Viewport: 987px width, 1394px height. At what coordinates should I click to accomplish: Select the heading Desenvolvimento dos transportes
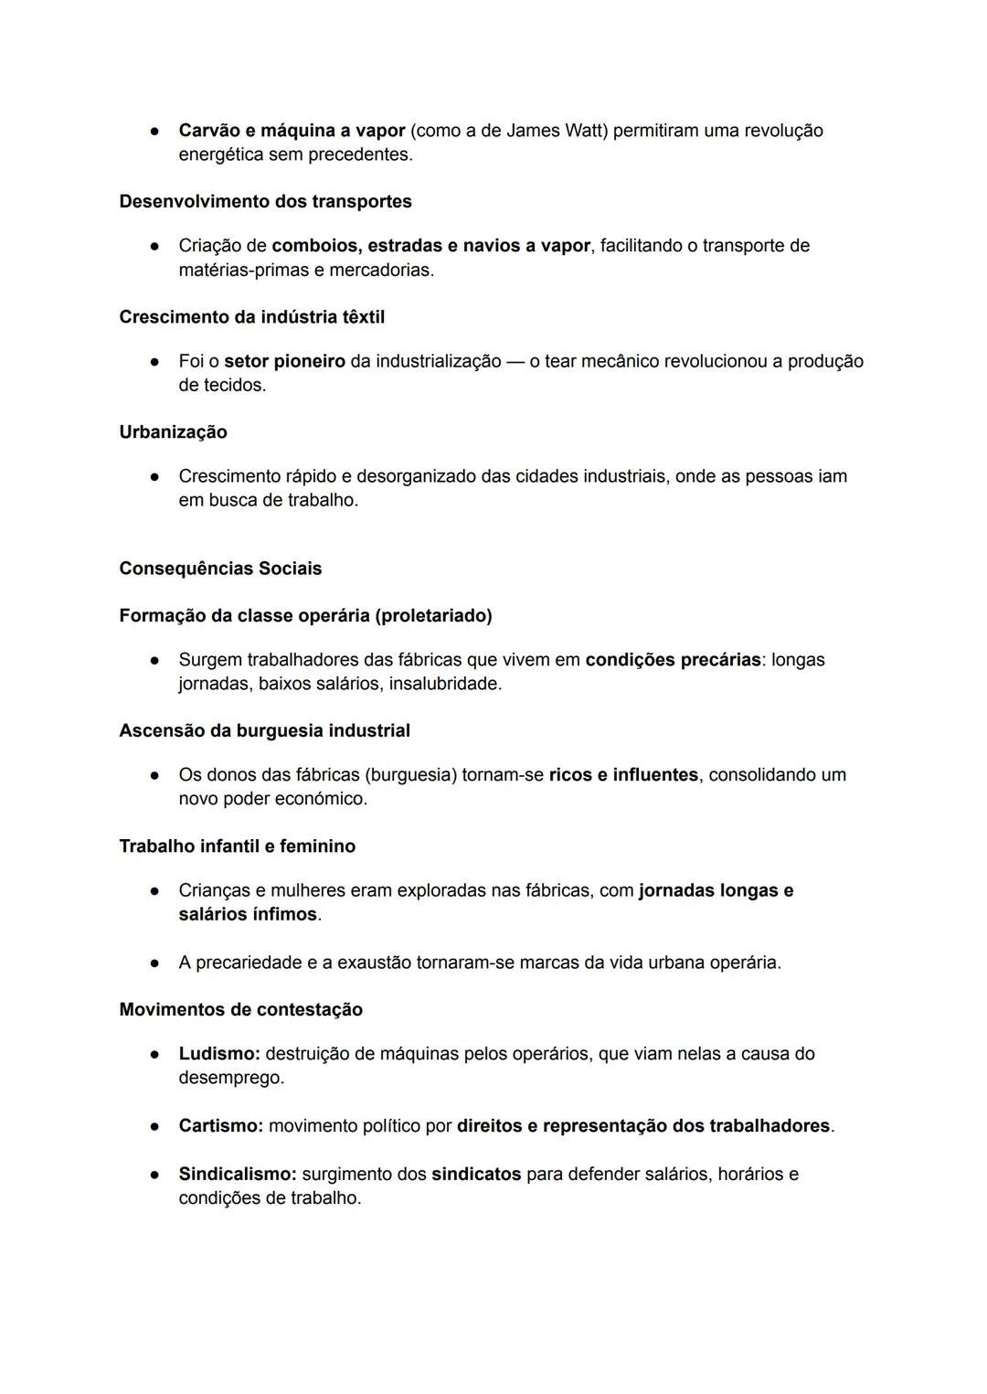coord(265,201)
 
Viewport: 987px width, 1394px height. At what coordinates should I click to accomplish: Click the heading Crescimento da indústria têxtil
coord(251,317)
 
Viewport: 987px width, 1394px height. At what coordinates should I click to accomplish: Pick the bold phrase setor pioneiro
coord(284,361)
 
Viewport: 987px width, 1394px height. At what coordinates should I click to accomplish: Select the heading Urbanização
coord(173,432)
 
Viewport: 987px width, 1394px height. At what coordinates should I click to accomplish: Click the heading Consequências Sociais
coord(220,569)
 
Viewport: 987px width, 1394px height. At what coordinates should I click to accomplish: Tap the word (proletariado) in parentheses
coord(433,615)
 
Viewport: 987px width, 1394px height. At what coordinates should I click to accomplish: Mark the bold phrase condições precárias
coord(673,660)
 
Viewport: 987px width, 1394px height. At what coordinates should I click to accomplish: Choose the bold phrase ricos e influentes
coord(623,775)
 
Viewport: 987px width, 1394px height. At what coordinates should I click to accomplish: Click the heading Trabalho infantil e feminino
coord(237,846)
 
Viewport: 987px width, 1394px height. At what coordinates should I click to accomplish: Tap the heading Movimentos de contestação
coord(240,1009)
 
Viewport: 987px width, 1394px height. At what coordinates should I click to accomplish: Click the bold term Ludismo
coord(219,1054)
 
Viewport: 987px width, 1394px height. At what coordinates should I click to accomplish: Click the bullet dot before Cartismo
coord(155,1126)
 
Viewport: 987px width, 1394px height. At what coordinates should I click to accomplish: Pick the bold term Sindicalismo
coord(237,1174)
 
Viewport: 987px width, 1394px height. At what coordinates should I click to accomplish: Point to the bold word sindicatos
coord(476,1174)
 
